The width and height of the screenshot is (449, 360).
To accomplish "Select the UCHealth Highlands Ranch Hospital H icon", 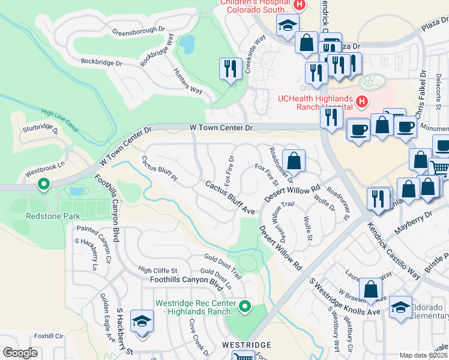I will click(x=361, y=102).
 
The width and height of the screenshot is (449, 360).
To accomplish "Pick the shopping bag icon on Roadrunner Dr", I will click(x=294, y=160).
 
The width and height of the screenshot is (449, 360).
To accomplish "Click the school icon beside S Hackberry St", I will click(x=142, y=322).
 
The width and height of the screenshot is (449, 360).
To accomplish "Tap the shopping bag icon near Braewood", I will click(x=372, y=289).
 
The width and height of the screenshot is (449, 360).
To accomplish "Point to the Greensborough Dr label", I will click(x=138, y=29).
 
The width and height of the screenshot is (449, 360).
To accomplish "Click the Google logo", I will click(x=20, y=353).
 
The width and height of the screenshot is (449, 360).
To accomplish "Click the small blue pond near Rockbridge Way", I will click(x=187, y=43).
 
